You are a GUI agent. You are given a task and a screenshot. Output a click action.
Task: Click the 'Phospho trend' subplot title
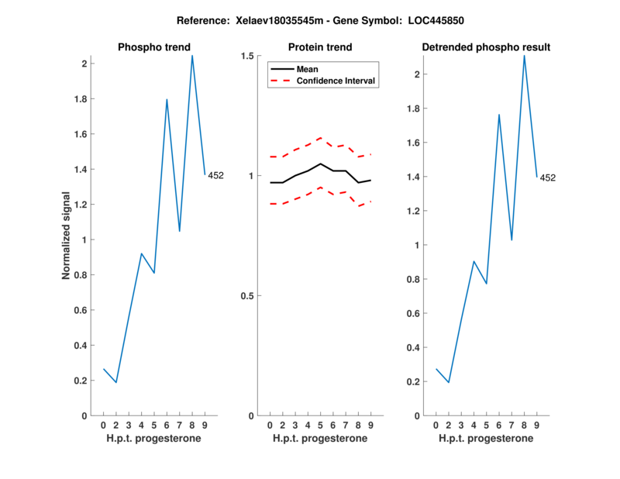tap(153, 47)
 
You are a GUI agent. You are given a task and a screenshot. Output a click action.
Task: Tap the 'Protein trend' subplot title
tap(320, 47)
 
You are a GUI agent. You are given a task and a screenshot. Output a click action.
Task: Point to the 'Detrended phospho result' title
tap(486, 47)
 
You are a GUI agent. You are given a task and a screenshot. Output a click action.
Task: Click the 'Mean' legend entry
tap(307, 69)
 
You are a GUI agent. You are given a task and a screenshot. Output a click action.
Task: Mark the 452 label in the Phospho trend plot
tap(215, 176)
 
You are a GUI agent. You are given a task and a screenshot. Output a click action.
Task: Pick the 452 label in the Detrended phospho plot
tap(547, 178)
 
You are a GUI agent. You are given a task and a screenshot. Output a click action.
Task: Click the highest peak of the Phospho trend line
tap(192, 55)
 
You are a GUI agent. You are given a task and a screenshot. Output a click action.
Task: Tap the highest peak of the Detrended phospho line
tap(524, 55)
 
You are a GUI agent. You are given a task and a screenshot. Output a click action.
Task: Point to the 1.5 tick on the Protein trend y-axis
tap(248, 56)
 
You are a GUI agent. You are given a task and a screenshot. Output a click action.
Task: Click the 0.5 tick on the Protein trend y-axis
tap(248, 296)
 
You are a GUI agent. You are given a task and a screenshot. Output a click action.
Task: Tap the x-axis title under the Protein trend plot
tap(320, 439)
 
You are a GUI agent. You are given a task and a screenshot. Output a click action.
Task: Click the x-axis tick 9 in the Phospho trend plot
tap(205, 425)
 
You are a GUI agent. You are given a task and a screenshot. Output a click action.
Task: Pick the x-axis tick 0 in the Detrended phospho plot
tap(436, 425)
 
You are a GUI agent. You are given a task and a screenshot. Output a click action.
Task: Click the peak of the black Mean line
tap(320, 164)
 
